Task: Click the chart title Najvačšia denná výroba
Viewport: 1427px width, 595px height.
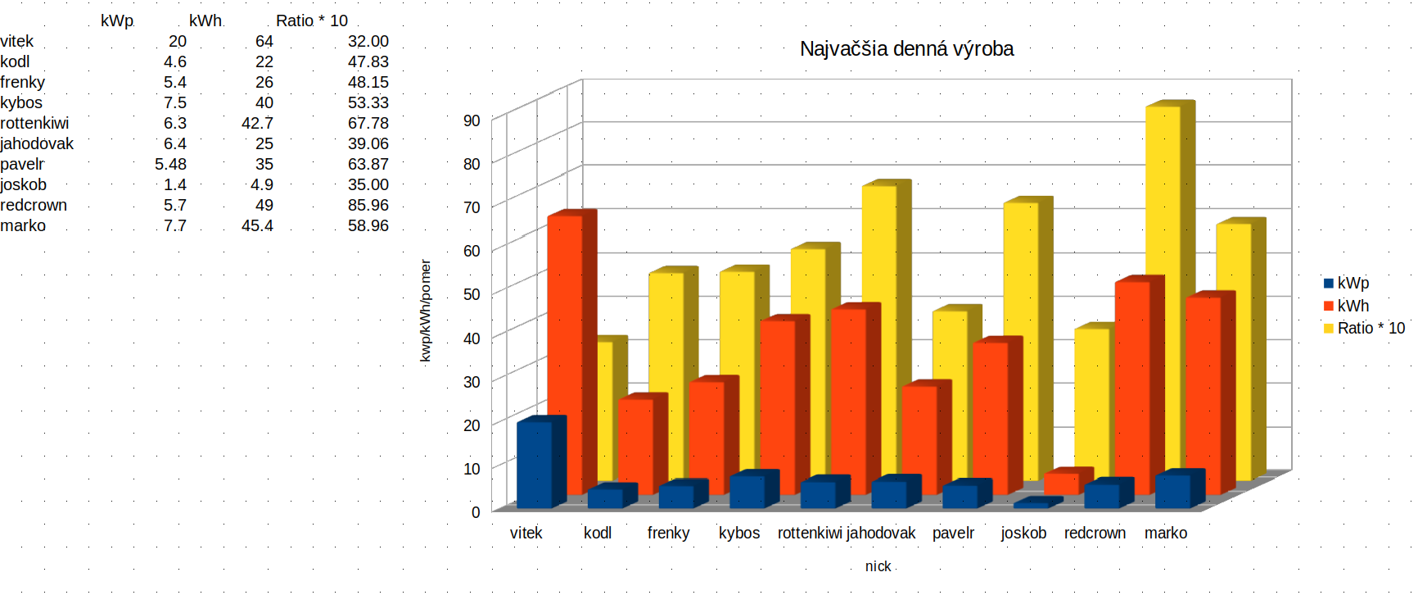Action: (906, 49)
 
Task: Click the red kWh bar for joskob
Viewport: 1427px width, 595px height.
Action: (1062, 484)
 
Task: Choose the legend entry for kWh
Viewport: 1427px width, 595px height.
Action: (1352, 306)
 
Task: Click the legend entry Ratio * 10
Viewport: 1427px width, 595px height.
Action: (1371, 328)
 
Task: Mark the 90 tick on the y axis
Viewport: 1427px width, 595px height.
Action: (472, 120)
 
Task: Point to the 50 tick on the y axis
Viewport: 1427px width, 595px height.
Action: (472, 294)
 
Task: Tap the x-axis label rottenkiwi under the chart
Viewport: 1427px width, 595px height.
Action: (810, 533)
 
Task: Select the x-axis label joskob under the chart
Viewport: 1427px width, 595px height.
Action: (1023, 533)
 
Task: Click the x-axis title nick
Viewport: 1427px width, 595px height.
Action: (878, 566)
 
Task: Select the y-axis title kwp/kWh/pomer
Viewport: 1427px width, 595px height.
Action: (425, 311)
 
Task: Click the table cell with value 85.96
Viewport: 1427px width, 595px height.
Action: (368, 205)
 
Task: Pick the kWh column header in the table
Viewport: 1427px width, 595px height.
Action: (205, 20)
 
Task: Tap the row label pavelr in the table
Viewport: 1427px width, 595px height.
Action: (23, 164)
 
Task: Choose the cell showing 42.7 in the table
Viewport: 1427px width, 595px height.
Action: (257, 123)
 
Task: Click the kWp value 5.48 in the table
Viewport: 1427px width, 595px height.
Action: (170, 164)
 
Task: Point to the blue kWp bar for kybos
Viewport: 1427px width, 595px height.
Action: (747, 491)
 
